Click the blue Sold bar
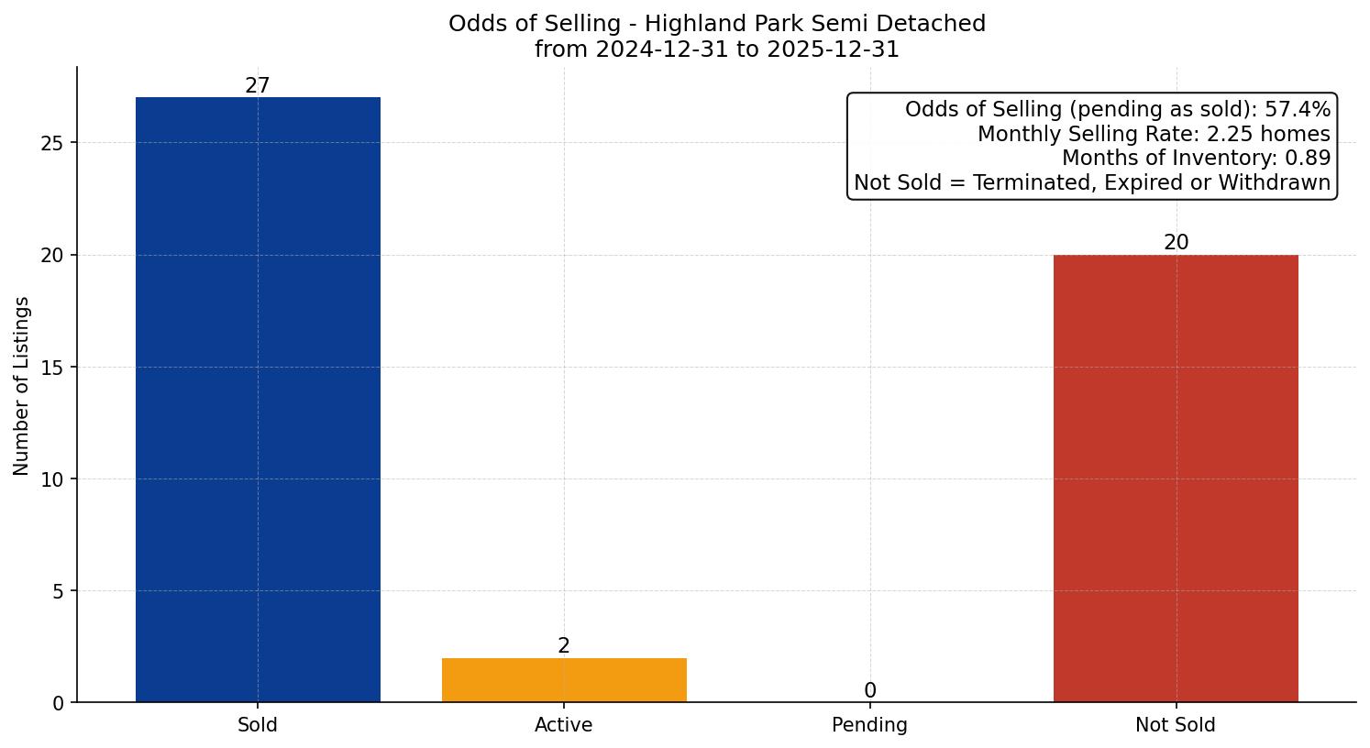pyautogui.click(x=258, y=400)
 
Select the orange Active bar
pyautogui.click(x=564, y=680)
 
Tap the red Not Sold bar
pyautogui.click(x=1176, y=478)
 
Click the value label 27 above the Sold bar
pyautogui.click(x=258, y=86)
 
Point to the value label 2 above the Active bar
pyautogui.click(x=564, y=646)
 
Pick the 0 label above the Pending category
pyautogui.click(x=870, y=691)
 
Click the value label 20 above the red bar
pyautogui.click(x=1176, y=243)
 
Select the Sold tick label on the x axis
pyautogui.click(x=258, y=725)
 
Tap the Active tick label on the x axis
pyautogui.click(x=564, y=725)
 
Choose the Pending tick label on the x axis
pyautogui.click(x=869, y=725)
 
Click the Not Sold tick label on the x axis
pyautogui.click(x=1176, y=725)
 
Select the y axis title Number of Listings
pyautogui.click(x=22, y=386)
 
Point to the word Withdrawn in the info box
pyautogui.click(x=1274, y=182)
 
